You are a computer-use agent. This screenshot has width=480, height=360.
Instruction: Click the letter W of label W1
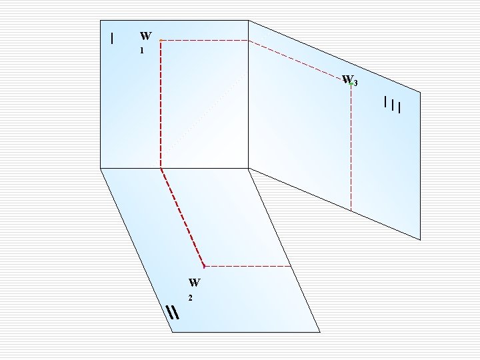(145, 36)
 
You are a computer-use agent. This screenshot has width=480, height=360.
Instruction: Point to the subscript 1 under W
(141, 51)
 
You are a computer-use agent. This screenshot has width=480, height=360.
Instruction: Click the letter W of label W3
(347, 79)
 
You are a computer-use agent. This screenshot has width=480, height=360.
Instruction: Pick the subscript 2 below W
(191, 297)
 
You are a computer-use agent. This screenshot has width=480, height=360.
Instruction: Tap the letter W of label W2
(194, 282)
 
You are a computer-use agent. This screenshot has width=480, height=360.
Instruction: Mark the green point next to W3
(351, 84)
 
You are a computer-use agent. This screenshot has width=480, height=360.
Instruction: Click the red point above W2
(204, 266)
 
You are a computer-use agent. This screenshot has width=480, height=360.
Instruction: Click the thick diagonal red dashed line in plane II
(182, 217)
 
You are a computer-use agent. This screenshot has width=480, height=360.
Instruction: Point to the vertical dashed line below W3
(351, 147)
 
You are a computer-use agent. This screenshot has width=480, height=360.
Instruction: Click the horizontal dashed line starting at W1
(204, 41)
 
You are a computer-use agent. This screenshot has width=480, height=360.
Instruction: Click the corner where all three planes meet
(248, 167)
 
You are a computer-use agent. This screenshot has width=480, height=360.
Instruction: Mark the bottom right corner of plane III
(421, 239)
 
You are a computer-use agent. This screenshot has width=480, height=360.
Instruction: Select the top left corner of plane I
(101, 21)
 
